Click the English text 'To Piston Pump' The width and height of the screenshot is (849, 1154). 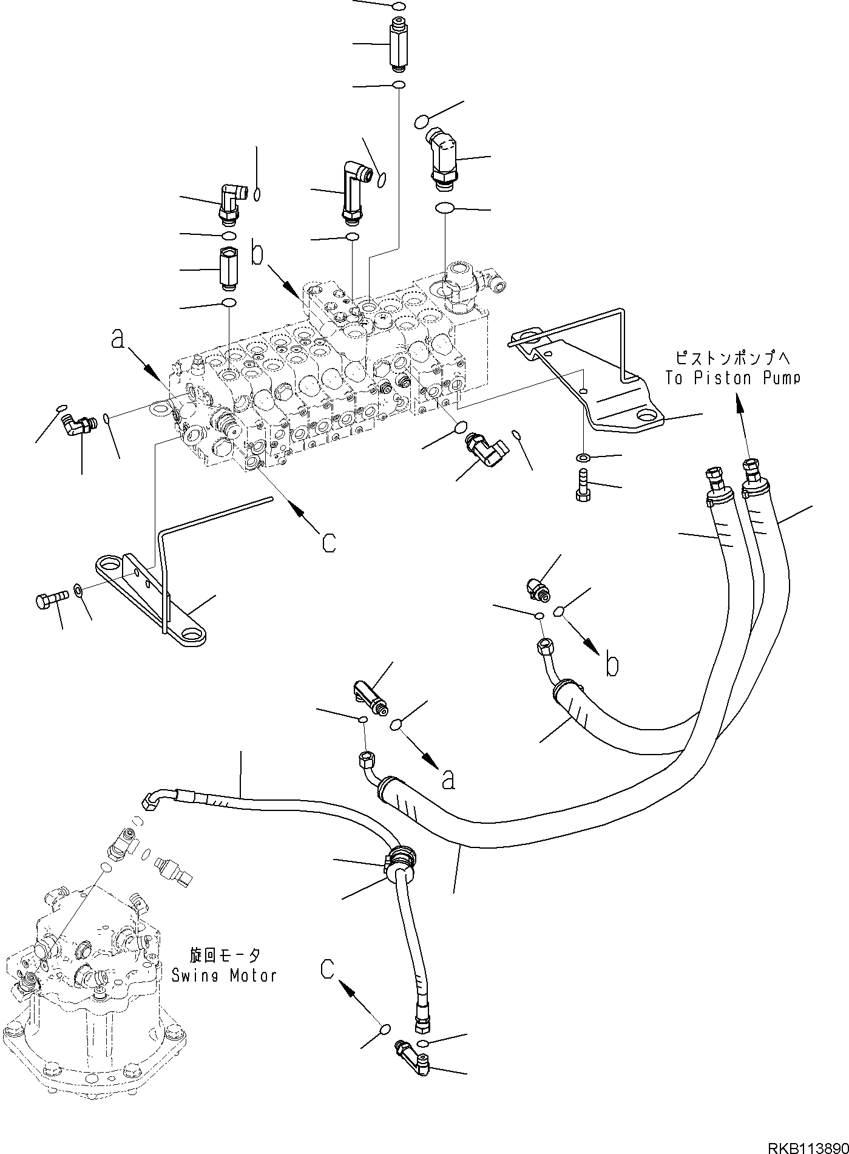732,378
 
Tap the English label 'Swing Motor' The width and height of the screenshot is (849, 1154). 224,976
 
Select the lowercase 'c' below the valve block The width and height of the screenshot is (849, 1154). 328,542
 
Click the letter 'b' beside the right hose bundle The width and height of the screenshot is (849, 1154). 612,665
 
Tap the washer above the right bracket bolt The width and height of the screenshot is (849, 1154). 582,457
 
